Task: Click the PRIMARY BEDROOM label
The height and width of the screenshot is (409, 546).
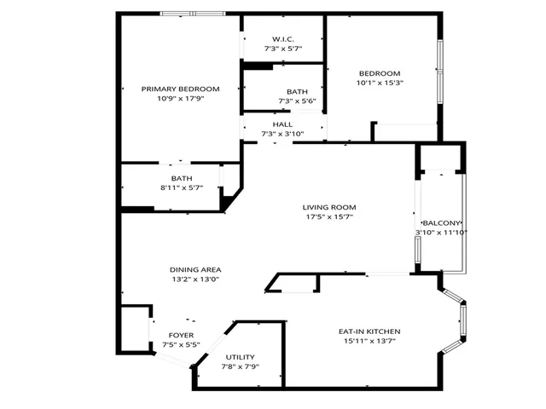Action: click(x=180, y=89)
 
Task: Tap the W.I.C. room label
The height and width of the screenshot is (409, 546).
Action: click(x=283, y=39)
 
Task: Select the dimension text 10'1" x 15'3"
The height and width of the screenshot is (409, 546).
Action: click(x=380, y=83)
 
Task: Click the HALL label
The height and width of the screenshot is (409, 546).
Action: click(x=282, y=124)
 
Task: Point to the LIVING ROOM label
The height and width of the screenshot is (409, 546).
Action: click(x=328, y=207)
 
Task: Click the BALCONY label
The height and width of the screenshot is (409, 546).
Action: click(x=442, y=222)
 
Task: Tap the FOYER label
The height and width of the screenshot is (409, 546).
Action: click(x=180, y=335)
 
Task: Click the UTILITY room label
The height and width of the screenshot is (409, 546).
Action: click(x=240, y=357)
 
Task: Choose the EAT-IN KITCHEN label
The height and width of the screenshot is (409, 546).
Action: click(x=369, y=331)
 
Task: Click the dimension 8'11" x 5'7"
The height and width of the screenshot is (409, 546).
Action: click(x=180, y=187)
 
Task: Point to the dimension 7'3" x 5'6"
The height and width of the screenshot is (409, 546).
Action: click(x=297, y=101)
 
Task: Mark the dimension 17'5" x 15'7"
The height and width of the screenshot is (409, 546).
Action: click(x=328, y=217)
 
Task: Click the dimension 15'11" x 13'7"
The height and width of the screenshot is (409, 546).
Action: click(x=369, y=342)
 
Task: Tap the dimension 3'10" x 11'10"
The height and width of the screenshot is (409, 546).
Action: click(x=442, y=232)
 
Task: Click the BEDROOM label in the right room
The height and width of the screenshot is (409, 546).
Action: click(x=380, y=73)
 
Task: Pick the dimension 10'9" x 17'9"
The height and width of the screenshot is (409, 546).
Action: click(x=180, y=98)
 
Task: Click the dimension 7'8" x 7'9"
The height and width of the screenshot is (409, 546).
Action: click(x=240, y=366)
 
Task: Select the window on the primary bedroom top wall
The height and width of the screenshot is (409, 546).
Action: click(x=193, y=14)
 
